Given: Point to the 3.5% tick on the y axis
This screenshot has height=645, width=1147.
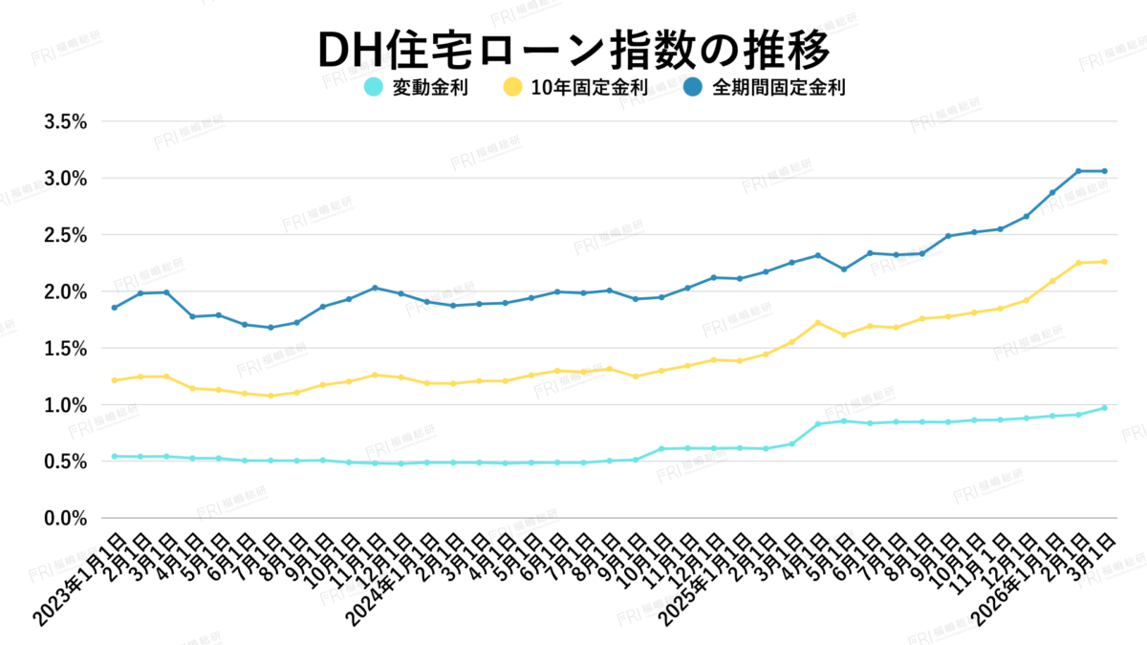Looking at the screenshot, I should (x=66, y=122).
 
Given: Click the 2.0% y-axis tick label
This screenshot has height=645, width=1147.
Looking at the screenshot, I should (x=66, y=291).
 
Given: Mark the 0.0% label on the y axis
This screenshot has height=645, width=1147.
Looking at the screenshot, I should (x=66, y=518).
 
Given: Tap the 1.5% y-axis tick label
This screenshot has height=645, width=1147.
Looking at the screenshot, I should (x=66, y=349).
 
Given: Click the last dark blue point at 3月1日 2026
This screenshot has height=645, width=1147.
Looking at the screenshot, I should (x=1104, y=171).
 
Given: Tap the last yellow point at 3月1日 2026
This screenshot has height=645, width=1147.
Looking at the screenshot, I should (x=1104, y=262).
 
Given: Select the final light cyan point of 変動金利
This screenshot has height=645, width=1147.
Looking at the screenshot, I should (x=1104, y=408).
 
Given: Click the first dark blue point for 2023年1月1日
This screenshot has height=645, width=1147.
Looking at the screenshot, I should (x=115, y=308).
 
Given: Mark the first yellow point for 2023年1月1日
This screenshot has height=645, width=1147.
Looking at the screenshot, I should (x=115, y=380).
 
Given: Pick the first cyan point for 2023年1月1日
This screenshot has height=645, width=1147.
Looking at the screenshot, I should (x=115, y=457).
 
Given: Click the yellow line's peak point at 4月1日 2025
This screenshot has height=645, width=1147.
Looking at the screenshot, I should (x=817, y=323).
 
